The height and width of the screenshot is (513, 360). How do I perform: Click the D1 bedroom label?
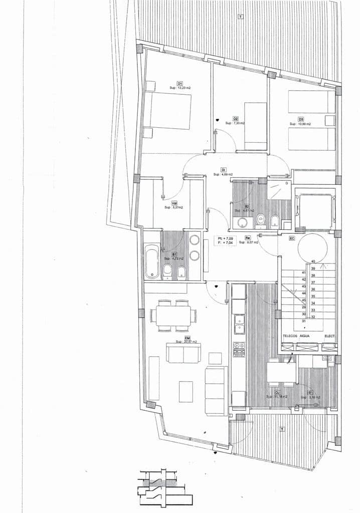pos(179,83)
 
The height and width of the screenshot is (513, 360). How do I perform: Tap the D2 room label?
pos(235,119)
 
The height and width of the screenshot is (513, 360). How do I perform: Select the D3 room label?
pos(301,119)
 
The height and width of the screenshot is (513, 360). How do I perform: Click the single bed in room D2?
pos(255,126)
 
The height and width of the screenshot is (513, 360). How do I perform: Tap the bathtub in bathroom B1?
pos(152,261)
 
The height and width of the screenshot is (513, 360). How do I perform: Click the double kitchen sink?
pos(239,323)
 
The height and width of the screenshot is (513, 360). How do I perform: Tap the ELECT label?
pos(329,336)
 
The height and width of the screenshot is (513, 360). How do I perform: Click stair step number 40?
pos(313,262)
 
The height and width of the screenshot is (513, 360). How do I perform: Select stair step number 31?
pos(304,321)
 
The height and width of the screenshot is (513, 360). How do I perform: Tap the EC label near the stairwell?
pos(292,238)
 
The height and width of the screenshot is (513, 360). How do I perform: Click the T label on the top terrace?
pos(241,17)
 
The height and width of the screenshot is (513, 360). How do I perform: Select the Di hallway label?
pos(223,169)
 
